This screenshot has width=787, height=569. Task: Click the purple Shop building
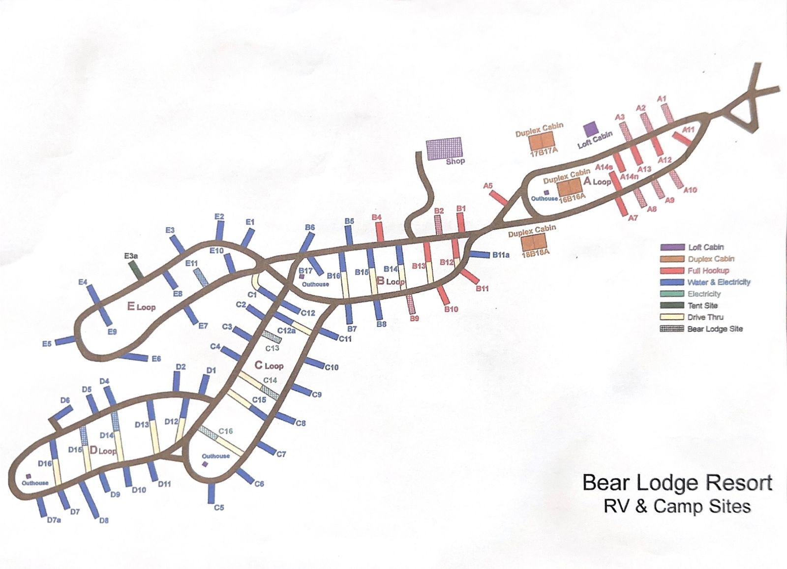coord(443,148)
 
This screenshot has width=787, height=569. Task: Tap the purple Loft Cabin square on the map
coord(589,129)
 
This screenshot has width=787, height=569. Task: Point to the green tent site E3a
coord(136,269)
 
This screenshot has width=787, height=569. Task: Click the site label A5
coord(488,186)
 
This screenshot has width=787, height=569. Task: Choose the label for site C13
coord(272,348)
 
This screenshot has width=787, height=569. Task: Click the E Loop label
coord(142,307)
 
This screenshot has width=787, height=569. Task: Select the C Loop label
coord(269,365)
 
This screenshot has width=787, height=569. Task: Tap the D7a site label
coord(54,519)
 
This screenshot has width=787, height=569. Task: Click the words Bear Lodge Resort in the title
coord(677,483)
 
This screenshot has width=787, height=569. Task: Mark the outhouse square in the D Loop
coord(29,476)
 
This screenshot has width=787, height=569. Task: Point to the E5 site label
coord(47,344)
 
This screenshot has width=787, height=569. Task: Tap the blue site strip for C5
coord(212,490)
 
